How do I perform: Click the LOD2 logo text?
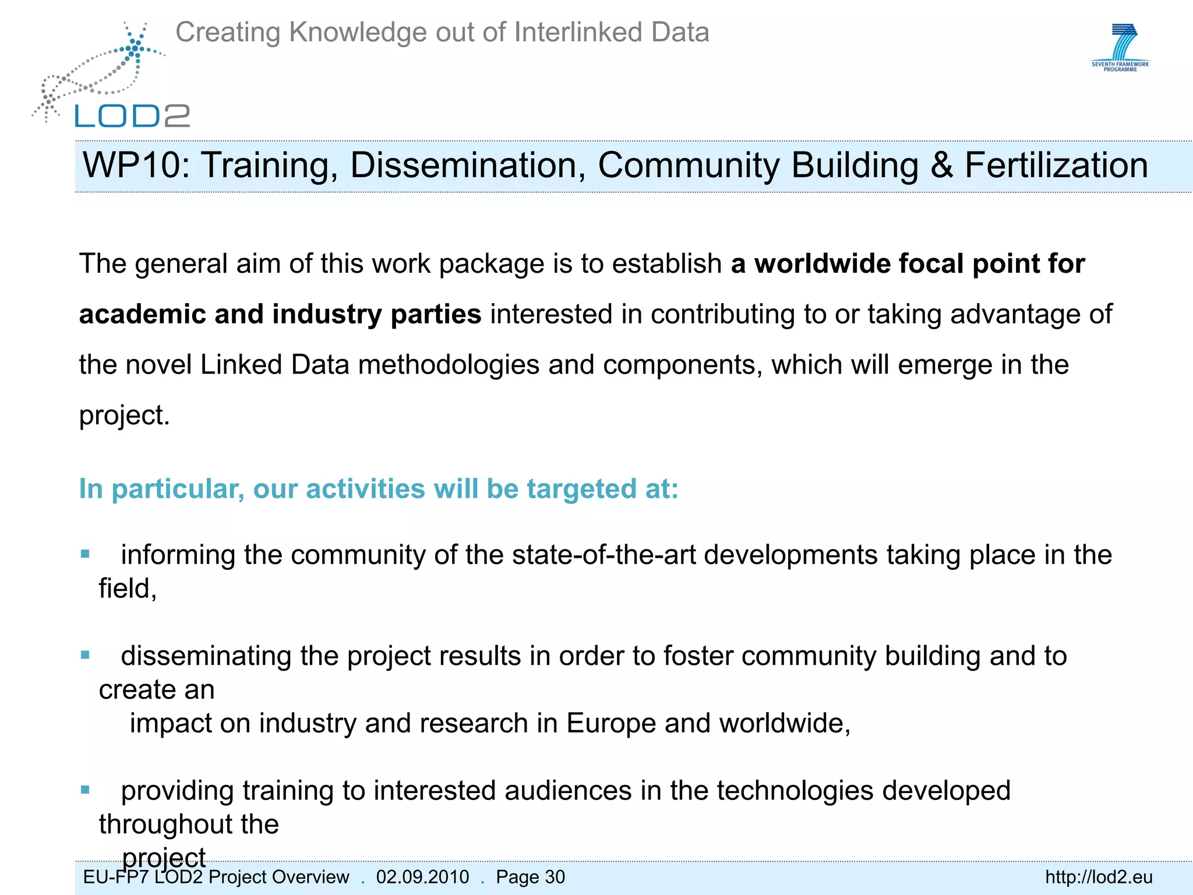point(132,115)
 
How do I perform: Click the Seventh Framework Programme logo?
point(1120,48)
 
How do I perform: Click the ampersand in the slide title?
point(941,165)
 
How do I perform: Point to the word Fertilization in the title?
point(1056,165)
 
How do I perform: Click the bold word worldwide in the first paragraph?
point(822,263)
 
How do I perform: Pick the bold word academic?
point(142,314)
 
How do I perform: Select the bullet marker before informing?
point(86,554)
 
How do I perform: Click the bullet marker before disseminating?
point(86,655)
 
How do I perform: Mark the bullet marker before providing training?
point(86,790)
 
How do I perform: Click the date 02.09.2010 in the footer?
point(422,877)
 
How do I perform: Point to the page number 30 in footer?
point(555,877)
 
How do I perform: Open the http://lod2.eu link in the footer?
point(1099,877)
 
